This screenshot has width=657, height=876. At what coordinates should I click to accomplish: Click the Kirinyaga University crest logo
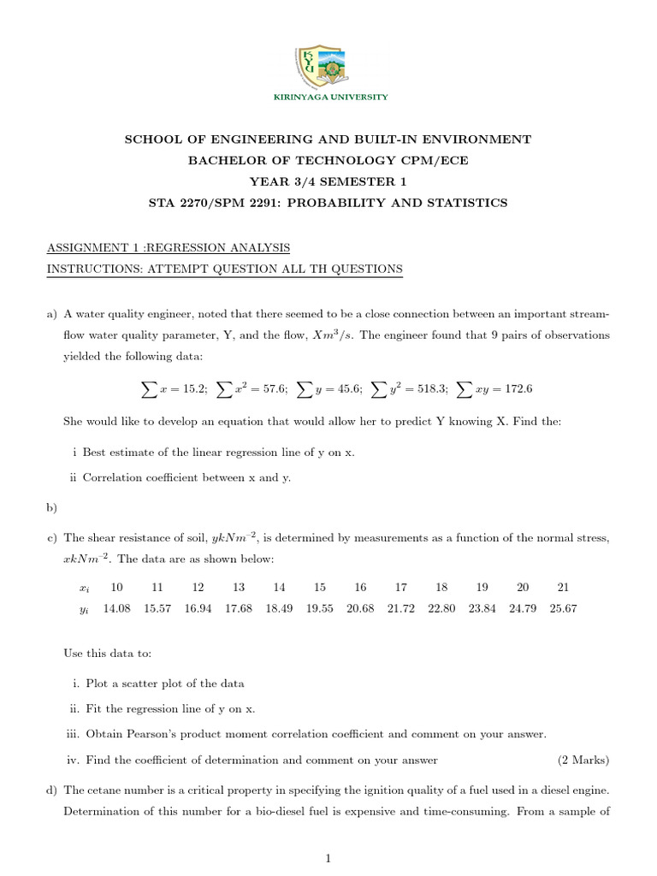[x=328, y=60]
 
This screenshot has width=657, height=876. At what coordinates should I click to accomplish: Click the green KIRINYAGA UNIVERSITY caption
[x=329, y=98]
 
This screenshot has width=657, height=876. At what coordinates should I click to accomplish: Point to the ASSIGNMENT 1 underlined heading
[x=169, y=248]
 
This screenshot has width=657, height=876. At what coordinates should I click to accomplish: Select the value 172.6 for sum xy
[x=515, y=389]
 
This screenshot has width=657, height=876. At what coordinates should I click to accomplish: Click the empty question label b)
[x=50, y=508]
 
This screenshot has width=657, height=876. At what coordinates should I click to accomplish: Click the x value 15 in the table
[x=320, y=588]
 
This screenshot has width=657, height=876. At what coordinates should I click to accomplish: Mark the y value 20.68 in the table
[x=360, y=607]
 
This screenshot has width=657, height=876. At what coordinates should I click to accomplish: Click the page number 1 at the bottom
[x=328, y=860]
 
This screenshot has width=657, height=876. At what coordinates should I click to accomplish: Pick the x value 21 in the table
[x=562, y=588]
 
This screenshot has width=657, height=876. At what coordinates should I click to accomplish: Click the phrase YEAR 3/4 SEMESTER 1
[x=328, y=181]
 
